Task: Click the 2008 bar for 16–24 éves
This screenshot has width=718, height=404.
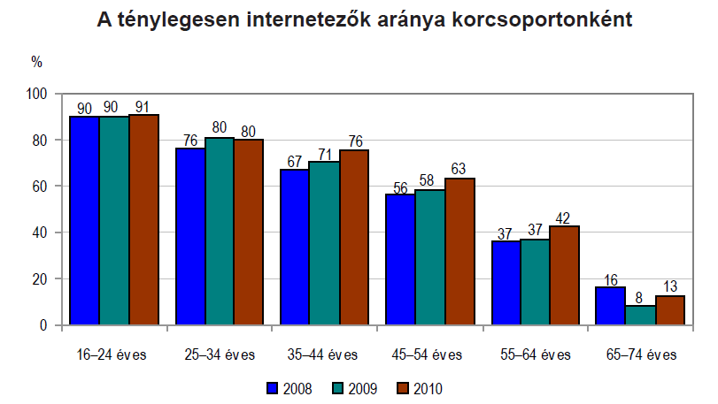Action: click(85, 221)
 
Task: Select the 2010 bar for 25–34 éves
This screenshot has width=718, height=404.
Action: click(249, 232)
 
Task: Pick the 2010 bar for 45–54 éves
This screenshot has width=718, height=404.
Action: click(459, 252)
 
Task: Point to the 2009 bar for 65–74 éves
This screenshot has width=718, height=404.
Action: click(640, 316)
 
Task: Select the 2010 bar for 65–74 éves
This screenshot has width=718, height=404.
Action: click(669, 310)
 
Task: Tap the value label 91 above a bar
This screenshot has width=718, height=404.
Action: click(143, 107)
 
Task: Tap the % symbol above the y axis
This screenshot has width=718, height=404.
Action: click(36, 62)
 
